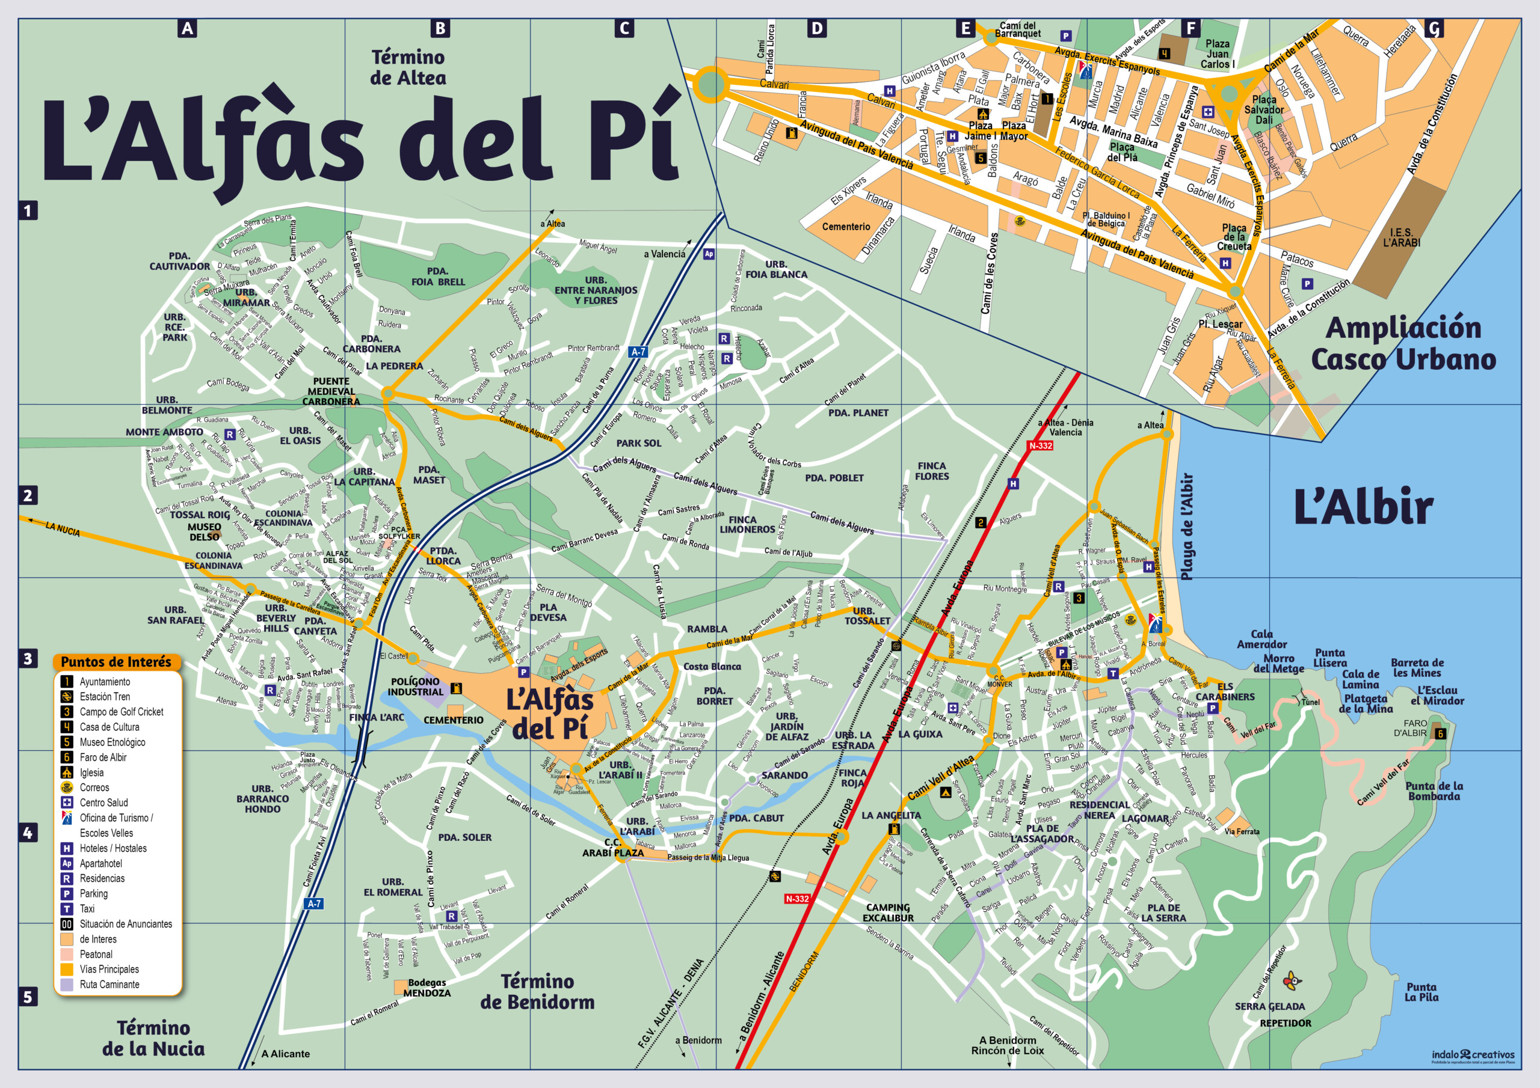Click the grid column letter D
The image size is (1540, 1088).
(816, 28)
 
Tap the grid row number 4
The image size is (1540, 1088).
(28, 833)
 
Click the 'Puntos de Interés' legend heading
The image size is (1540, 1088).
(116, 662)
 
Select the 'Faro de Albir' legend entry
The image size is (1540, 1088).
(103, 757)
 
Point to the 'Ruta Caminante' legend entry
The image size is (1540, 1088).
(109, 984)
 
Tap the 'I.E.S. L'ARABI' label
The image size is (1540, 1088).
(1400, 237)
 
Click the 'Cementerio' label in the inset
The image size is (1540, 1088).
(846, 227)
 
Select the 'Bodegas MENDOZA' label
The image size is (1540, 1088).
(427, 988)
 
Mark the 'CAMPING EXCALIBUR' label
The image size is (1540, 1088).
(887, 912)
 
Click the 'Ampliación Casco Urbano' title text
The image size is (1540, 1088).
(1403, 343)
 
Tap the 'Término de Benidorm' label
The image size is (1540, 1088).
(537, 991)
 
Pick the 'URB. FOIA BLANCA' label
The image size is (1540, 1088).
(776, 269)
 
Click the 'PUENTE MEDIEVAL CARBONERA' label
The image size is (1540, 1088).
(331, 391)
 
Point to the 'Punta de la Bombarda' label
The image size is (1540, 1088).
(1434, 791)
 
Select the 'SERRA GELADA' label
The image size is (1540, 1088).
(1270, 1006)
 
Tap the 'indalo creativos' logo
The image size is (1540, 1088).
(1473, 1054)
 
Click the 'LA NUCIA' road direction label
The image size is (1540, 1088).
(63, 529)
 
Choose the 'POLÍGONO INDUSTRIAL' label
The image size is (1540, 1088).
(415, 686)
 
